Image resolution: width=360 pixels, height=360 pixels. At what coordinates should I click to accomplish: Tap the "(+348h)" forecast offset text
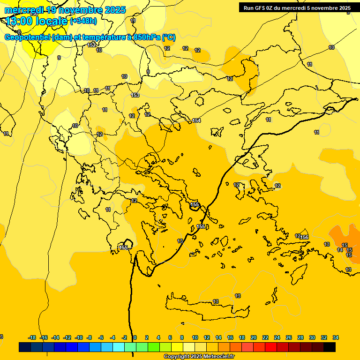(83, 21)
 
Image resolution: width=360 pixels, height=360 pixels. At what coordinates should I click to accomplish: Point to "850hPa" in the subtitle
(147, 37)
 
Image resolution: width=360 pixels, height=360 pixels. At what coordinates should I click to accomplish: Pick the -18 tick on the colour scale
(32, 337)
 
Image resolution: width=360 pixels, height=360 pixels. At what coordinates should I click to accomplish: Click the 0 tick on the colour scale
(135, 337)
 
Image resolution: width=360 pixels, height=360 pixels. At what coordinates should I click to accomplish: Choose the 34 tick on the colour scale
(336, 337)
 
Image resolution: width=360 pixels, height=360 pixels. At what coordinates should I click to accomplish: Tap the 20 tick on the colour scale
(254, 337)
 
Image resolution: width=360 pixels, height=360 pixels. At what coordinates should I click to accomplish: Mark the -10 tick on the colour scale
(78, 337)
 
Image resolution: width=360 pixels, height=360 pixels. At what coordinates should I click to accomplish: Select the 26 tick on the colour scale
(289, 337)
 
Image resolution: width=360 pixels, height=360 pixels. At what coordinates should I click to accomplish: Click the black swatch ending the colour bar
(330, 347)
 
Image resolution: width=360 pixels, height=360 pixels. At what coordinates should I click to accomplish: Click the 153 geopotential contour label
(135, 95)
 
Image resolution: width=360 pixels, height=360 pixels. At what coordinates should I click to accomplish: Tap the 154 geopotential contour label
(196, 121)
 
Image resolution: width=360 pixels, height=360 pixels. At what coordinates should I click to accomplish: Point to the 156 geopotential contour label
(304, 238)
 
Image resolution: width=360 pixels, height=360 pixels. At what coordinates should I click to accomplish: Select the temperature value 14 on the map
(340, 250)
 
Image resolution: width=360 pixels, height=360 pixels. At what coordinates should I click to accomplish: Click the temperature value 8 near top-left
(19, 32)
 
